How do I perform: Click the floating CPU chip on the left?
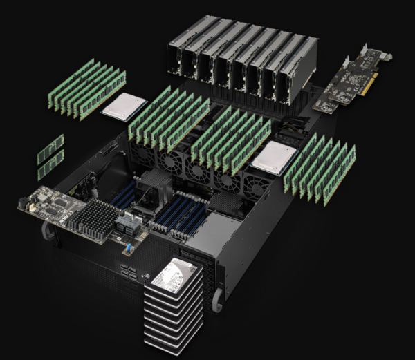[x=124, y=105]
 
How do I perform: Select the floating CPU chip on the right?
[x=273, y=159]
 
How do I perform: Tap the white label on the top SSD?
[x=165, y=278]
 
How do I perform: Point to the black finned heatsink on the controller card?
[x=93, y=220]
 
